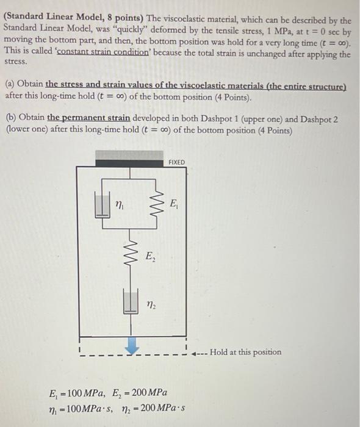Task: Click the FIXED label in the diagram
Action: pyautogui.click(x=176, y=162)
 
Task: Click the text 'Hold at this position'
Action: pyautogui.click(x=246, y=352)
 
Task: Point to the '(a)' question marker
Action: pyautogui.click(x=10, y=85)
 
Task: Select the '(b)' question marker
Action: pyautogui.click(x=10, y=117)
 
